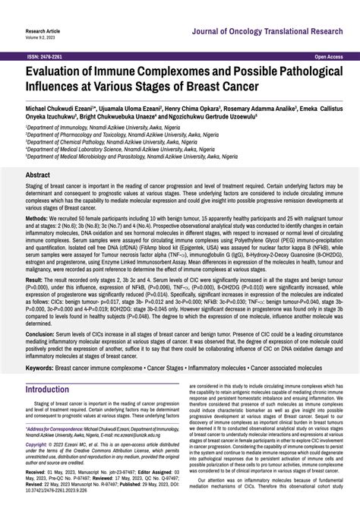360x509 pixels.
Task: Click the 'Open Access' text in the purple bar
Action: click(329, 57)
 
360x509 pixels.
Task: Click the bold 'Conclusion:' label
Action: click(40, 356)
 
